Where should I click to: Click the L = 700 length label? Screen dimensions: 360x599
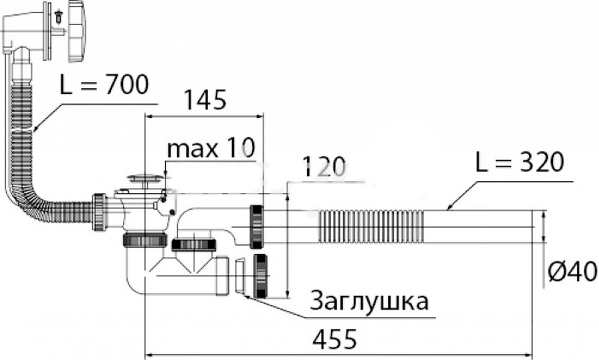pyautogui.click(x=104, y=86)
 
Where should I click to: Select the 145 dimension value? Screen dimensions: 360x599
pyautogui.click(x=205, y=99)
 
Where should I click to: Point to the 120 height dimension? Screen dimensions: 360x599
pyautogui.click(x=324, y=167)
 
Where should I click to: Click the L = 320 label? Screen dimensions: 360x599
pyautogui.click(x=519, y=162)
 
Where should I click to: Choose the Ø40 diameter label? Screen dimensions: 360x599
pyautogui.click(x=573, y=273)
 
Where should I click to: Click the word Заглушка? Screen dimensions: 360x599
pyautogui.click(x=369, y=301)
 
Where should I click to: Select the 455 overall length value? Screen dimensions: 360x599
pyautogui.click(x=334, y=340)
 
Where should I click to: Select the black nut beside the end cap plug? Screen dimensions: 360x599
pyautogui.click(x=261, y=276)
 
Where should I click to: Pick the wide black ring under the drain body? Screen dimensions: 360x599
pyautogui.click(x=144, y=241)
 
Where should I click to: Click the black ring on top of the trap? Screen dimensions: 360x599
pyautogui.click(x=192, y=244)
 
